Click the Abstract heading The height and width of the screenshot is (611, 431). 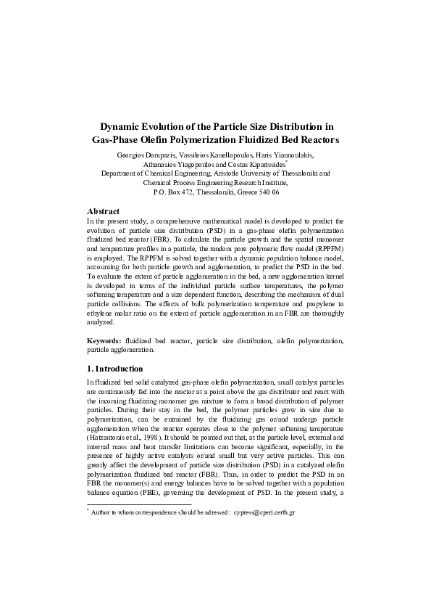103,210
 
